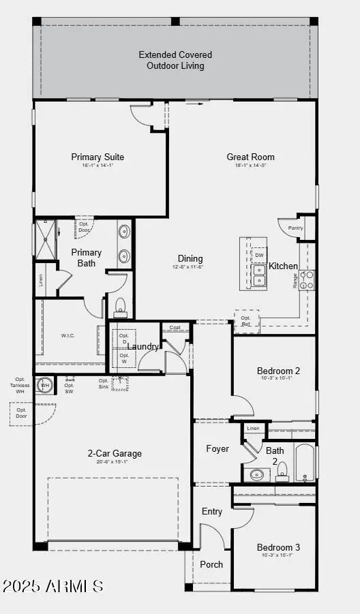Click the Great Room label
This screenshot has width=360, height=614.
(251, 157)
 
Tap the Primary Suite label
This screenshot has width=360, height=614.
(97, 157)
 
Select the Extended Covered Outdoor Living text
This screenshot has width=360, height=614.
(175, 60)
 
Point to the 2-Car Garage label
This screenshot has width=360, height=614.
(115, 453)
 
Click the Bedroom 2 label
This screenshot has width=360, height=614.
(278, 371)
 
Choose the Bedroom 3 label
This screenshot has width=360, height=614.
(278, 547)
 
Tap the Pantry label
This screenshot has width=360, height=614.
(295, 228)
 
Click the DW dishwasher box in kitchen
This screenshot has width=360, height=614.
(259, 256)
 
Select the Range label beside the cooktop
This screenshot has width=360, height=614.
(295, 280)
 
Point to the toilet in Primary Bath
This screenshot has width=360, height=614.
(121, 307)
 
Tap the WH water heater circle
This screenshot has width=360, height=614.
(45, 385)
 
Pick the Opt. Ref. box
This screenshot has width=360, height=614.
(246, 321)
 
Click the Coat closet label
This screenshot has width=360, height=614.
(175, 327)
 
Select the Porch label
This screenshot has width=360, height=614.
(211, 564)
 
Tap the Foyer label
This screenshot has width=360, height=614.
(217, 448)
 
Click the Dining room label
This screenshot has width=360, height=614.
(190, 258)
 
